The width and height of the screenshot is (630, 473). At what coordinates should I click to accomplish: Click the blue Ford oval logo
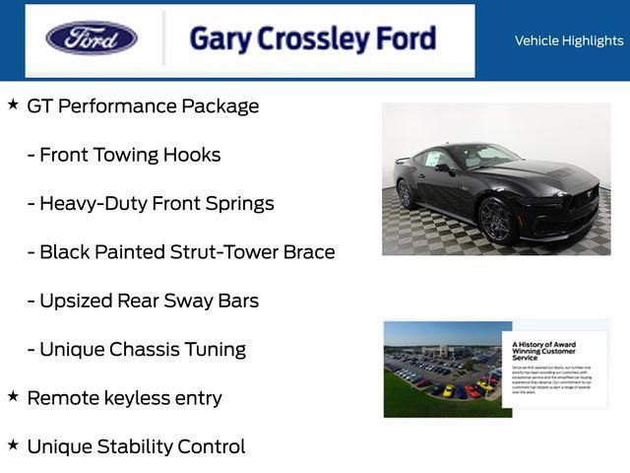[92, 38]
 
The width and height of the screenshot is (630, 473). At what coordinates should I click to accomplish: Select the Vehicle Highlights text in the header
[569, 40]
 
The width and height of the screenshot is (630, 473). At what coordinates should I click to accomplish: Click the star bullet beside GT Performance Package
[13, 103]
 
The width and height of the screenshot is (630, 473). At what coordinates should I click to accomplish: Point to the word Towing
[131, 155]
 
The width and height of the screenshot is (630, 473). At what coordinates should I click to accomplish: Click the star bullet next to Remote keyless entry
[13, 396]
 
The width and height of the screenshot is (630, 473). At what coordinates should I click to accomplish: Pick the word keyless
[137, 398]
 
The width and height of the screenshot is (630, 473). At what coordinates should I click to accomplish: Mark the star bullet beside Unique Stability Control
[13, 444]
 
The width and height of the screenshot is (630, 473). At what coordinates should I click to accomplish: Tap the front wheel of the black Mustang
[494, 220]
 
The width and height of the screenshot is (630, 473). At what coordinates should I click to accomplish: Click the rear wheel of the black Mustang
[405, 194]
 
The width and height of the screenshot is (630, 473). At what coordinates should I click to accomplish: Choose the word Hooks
[194, 155]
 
